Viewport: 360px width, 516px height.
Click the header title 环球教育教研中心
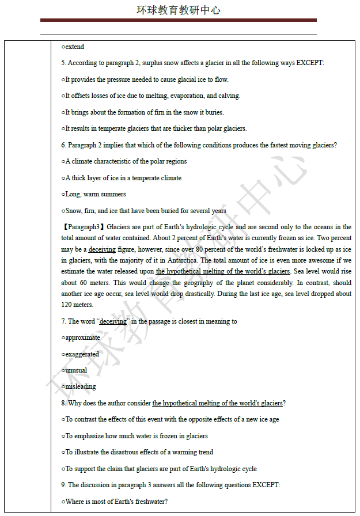179,10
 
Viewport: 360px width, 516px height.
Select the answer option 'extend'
74,47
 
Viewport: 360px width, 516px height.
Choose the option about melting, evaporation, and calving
152,96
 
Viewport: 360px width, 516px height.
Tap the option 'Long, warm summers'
95,194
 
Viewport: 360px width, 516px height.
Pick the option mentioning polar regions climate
126,161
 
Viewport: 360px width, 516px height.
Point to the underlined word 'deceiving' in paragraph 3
102,249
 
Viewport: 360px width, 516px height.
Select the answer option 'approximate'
82,337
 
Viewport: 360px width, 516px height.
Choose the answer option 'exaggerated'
82,354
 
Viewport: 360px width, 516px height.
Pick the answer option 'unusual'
76,370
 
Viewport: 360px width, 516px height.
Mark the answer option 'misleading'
80,386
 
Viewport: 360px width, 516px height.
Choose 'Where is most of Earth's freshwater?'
116,502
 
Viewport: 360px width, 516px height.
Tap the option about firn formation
144,112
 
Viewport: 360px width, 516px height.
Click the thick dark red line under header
179,20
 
